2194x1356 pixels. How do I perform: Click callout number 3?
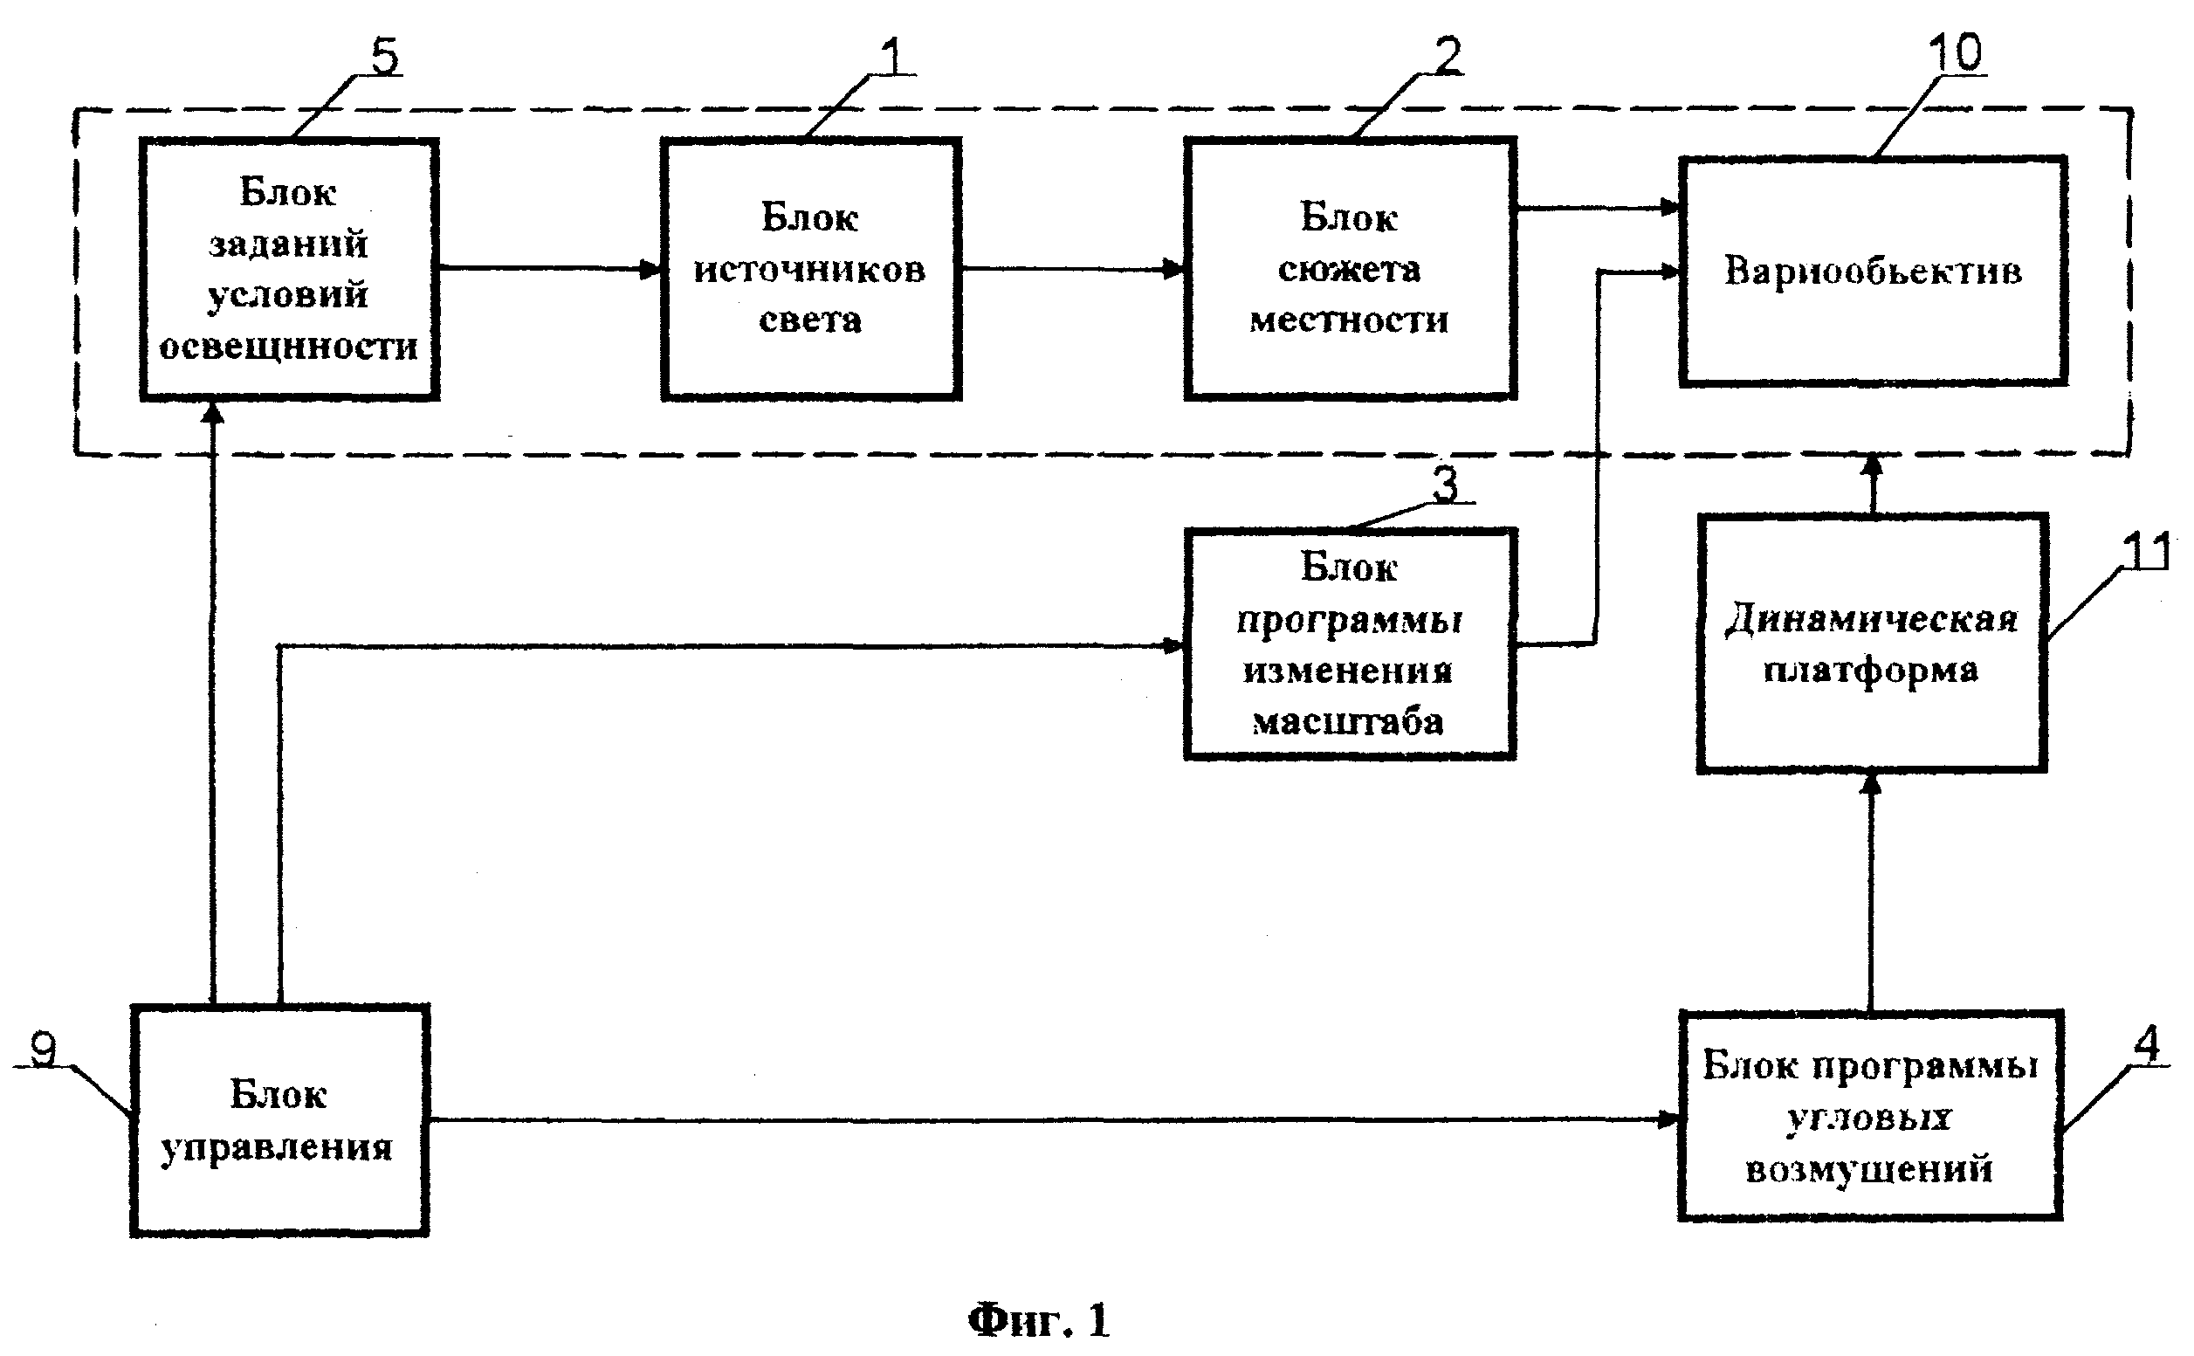click(x=1444, y=485)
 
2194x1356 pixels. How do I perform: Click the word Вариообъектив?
click(x=1872, y=271)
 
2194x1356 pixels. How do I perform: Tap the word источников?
click(x=809, y=269)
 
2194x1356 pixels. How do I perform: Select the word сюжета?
click(x=1349, y=269)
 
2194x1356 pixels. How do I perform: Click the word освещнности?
click(x=288, y=347)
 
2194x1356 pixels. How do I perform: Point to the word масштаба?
click(x=1348, y=722)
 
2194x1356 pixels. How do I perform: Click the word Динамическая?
click(x=1871, y=620)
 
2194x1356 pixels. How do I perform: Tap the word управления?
click(x=276, y=1148)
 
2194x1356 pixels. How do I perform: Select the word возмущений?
click(x=1869, y=1169)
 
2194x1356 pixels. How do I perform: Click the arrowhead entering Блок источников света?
click(x=652, y=268)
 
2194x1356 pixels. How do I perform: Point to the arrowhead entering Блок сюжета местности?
click(x=1174, y=268)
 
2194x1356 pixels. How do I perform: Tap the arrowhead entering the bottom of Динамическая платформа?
click(x=1870, y=784)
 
